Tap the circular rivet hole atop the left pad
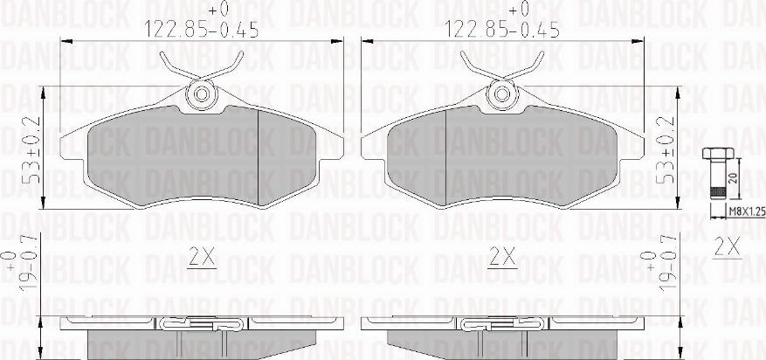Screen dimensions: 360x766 [x=201, y=93]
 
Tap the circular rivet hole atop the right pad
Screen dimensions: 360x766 [x=501, y=93]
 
